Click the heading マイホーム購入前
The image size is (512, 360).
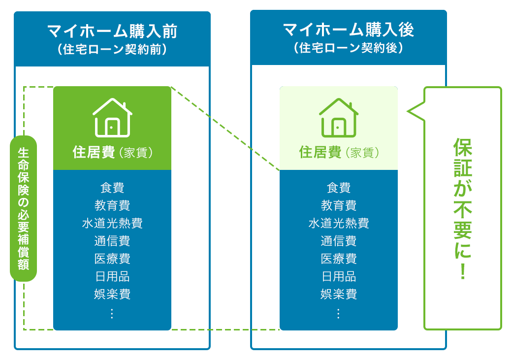click(112, 32)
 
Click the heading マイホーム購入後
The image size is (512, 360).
click(349, 30)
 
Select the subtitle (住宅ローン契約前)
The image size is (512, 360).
click(112, 49)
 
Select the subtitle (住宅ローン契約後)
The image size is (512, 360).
click(349, 48)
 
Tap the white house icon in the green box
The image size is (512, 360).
click(112, 117)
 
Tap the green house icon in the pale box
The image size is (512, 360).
click(339, 117)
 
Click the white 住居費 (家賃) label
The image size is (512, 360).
click(112, 152)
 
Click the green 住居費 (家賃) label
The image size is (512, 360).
click(339, 152)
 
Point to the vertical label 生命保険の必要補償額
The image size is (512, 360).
click(24, 208)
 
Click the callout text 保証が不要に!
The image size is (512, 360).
click(463, 208)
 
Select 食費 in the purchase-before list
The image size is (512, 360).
click(112, 188)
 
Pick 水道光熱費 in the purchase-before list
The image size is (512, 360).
click(112, 223)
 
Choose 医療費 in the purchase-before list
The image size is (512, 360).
click(112, 259)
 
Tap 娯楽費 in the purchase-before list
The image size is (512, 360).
click(112, 294)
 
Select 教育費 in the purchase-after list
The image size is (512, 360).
click(339, 205)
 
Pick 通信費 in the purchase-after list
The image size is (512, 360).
click(339, 241)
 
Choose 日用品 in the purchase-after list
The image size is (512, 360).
click(339, 277)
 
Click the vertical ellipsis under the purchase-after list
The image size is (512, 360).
click(338, 314)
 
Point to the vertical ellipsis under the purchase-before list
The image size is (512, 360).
click(112, 314)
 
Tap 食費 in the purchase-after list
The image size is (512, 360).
click(339, 188)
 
